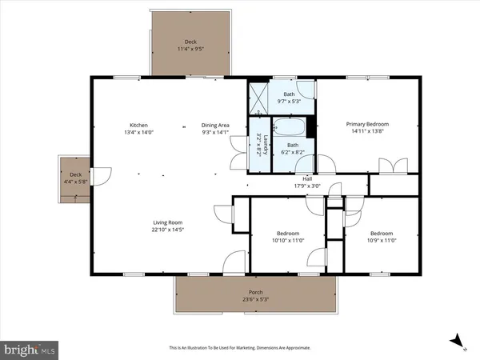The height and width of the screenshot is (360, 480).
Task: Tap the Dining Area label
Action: pyautogui.click(x=216, y=125)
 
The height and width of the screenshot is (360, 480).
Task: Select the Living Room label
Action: pyautogui.click(x=169, y=222)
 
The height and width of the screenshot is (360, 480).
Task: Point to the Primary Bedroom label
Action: pyautogui.click(x=367, y=124)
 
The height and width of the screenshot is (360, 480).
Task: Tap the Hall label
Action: pyautogui.click(x=306, y=178)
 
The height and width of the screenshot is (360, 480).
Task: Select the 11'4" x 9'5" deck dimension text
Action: pyautogui.click(x=190, y=50)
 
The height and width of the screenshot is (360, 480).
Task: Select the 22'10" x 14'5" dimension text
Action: pyautogui.click(x=169, y=230)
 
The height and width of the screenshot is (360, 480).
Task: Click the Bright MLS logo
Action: pyautogui.click(x=30, y=350)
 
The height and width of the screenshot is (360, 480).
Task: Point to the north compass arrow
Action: pyautogui.click(x=458, y=341)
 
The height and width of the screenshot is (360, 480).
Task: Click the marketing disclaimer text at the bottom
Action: pyautogui.click(x=240, y=348)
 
